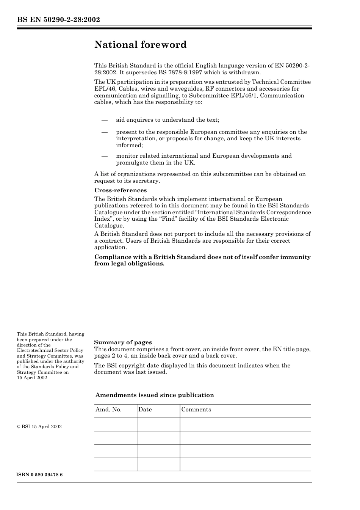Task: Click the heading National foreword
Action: click(x=140, y=45)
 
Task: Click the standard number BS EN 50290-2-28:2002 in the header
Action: click(x=58, y=19)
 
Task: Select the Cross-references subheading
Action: click(x=120, y=190)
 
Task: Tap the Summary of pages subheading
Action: click(x=123, y=342)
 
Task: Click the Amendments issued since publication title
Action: click(x=155, y=395)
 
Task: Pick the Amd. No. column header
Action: click(x=108, y=410)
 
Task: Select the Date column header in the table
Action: click(x=145, y=410)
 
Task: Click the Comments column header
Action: click(x=196, y=410)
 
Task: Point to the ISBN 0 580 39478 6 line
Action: click(x=40, y=475)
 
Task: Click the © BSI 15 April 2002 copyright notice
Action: click(x=39, y=427)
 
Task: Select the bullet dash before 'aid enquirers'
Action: click(x=105, y=120)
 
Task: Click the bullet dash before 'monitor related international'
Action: click(x=105, y=156)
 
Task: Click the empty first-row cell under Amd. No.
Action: click(x=115, y=424)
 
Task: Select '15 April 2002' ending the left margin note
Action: click(x=32, y=378)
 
